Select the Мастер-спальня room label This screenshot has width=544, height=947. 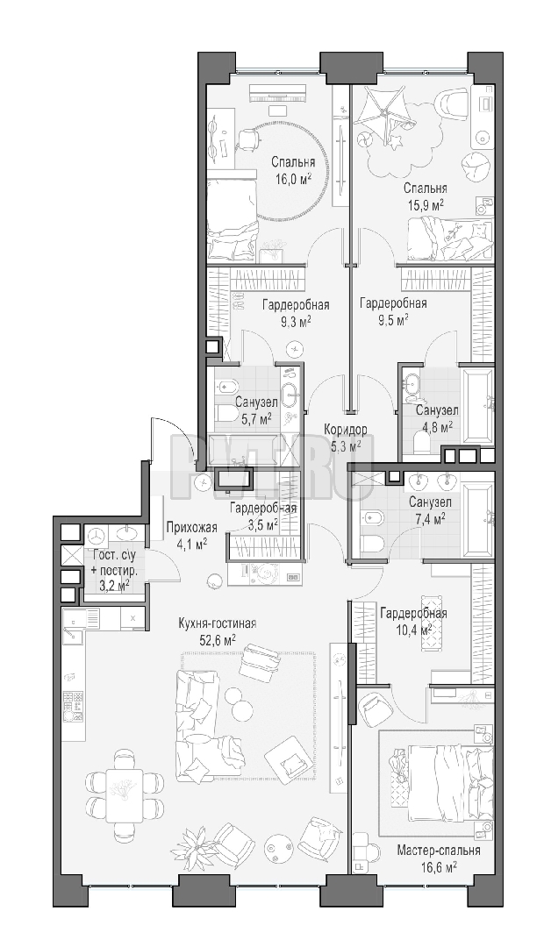[438, 851]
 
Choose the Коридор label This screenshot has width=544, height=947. [345, 430]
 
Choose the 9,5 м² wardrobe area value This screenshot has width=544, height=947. [392, 318]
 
